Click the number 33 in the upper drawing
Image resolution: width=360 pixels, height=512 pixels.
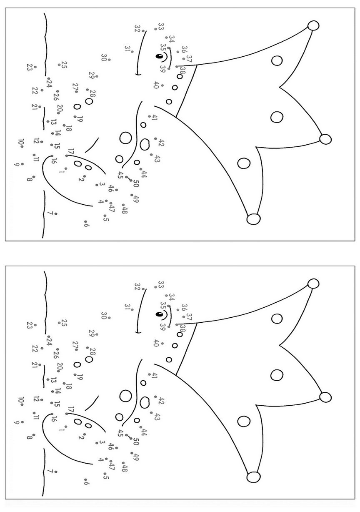click(x=161, y=27)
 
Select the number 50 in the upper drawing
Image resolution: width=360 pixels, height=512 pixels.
click(x=136, y=183)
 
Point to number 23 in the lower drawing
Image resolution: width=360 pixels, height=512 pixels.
click(x=29, y=325)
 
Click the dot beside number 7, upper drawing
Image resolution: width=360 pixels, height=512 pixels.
click(x=56, y=214)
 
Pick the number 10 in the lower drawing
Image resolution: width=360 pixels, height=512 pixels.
click(x=20, y=400)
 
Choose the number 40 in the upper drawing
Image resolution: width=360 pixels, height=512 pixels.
click(x=156, y=85)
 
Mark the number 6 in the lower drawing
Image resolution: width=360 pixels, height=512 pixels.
click(x=86, y=483)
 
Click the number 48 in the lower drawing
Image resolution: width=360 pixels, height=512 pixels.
click(x=125, y=468)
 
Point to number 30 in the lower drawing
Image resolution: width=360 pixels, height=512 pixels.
click(x=104, y=316)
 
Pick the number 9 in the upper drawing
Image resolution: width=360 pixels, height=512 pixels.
click(x=16, y=164)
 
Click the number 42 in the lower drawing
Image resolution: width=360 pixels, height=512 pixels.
click(x=161, y=401)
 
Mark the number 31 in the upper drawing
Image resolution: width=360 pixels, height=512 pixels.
click(x=127, y=49)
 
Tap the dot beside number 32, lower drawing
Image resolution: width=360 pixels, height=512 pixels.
click(x=143, y=289)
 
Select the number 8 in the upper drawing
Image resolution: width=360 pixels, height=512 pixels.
click(x=29, y=179)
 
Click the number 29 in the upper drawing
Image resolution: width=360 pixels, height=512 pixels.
click(x=92, y=75)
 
